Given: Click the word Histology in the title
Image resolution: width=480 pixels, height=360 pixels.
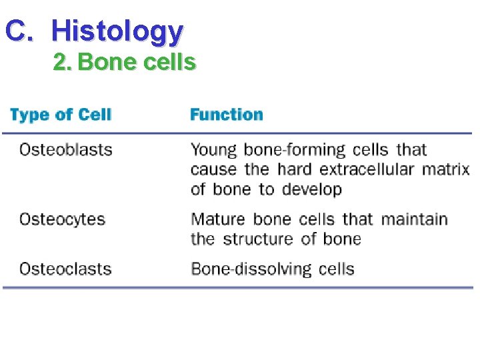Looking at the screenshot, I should click(x=117, y=31).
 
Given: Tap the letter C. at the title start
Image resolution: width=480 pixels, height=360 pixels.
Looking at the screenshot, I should click(x=19, y=31).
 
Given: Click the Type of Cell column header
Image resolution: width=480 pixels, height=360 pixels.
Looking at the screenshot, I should click(x=61, y=115).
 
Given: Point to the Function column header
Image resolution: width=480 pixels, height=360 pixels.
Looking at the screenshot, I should click(x=227, y=115).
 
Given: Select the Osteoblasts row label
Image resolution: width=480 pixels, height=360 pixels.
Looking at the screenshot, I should click(x=66, y=149).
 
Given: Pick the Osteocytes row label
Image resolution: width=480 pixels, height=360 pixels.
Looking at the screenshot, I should click(x=62, y=219).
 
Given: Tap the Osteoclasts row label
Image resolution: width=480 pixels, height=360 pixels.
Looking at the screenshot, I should click(x=65, y=269).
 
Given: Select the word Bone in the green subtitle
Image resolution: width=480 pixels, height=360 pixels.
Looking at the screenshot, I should click(x=101, y=62).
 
